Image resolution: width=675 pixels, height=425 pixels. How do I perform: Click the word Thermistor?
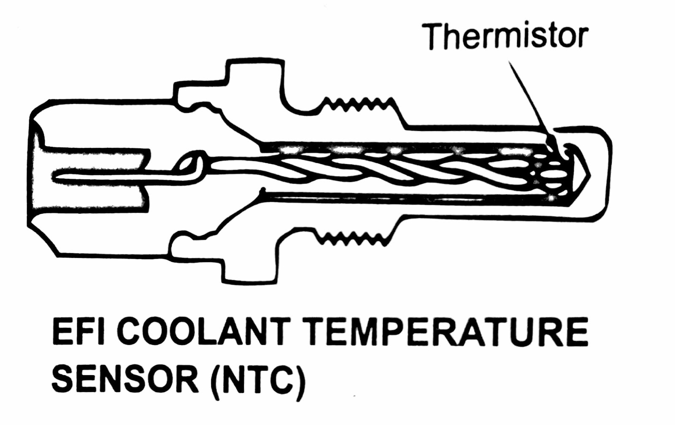click(x=506, y=36)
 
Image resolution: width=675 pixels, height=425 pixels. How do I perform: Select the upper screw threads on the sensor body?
click(x=359, y=104)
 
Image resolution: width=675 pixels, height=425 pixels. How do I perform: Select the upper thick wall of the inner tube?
click(x=401, y=146)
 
